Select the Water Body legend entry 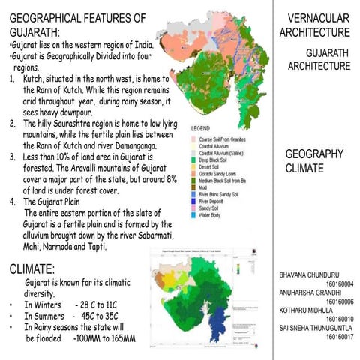214,215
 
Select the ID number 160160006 340,301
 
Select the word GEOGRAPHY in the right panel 314,154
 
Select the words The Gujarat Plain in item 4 52,201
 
